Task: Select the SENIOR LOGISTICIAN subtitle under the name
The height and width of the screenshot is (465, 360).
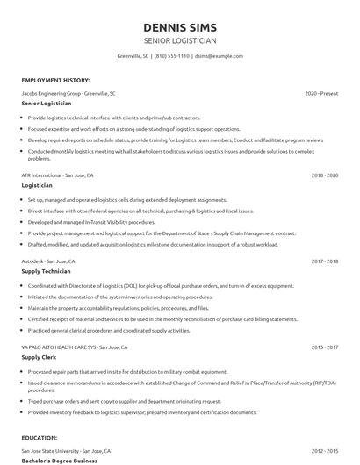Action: click(x=179, y=40)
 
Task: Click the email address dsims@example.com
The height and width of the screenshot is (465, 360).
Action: click(x=219, y=56)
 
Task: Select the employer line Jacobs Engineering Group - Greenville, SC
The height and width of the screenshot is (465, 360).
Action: click(x=68, y=93)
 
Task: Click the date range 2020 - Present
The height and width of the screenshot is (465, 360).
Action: click(x=321, y=93)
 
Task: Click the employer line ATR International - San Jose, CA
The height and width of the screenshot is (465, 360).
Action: click(x=57, y=175)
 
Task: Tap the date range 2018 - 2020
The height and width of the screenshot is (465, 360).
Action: click(x=324, y=175)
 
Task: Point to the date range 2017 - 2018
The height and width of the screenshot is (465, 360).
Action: click(x=324, y=261)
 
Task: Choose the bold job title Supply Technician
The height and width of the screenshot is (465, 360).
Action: click(x=47, y=272)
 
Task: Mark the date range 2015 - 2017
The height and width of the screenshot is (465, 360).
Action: click(x=324, y=347)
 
